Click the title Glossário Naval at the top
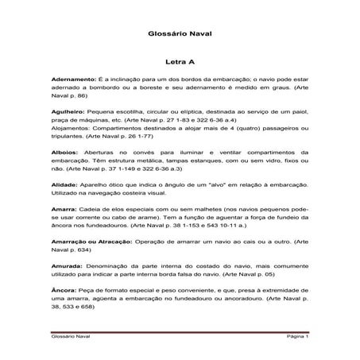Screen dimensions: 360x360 click(x=179, y=33)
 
